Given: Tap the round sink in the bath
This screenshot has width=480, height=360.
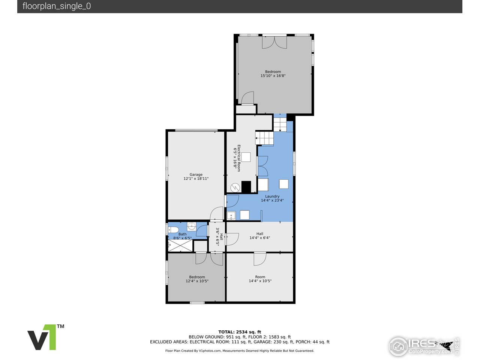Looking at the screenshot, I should (192, 226).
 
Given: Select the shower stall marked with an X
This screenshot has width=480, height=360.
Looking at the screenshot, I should (180, 246).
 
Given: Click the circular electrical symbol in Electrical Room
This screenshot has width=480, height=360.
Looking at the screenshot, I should (234, 187).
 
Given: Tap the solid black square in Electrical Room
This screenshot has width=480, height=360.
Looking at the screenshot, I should (246, 187).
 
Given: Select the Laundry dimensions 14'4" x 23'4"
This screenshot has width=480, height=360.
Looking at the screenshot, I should (272, 200).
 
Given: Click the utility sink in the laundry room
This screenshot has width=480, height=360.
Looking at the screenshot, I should (231, 216).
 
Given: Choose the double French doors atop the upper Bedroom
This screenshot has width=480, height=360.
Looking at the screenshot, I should (274, 42).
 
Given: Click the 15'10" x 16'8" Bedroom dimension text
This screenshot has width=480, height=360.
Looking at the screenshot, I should (273, 76).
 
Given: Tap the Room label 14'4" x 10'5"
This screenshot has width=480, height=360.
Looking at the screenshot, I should (260, 279).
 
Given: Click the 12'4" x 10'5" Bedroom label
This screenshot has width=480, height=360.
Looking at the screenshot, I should (197, 279).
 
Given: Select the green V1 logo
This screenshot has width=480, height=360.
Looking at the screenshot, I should (45, 337).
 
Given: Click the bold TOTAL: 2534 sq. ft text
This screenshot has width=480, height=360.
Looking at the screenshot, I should (240, 332).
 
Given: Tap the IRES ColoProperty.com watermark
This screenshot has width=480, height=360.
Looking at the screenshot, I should (424, 346).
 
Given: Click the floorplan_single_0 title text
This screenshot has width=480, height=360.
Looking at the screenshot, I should (57, 6).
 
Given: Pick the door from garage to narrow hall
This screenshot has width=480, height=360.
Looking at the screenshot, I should (217, 214).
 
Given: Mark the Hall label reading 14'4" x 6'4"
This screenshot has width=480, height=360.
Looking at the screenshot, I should (259, 236).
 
